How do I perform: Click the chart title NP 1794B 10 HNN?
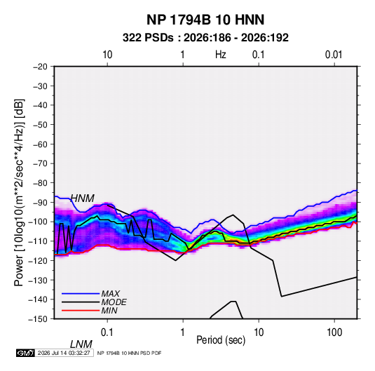pyautogui.click(x=205, y=20)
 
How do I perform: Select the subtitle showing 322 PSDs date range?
pyautogui.click(x=205, y=38)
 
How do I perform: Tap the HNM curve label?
pyautogui.click(x=83, y=198)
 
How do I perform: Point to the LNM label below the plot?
pyautogui.click(x=81, y=344)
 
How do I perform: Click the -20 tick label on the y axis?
pyautogui.click(x=40, y=67)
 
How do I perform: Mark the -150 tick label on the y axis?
pyautogui.click(x=38, y=319)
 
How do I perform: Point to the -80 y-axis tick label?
pyautogui.click(x=40, y=183)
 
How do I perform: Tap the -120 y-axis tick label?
pyautogui.click(x=38, y=260)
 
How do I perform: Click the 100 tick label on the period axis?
pyautogui.click(x=334, y=332)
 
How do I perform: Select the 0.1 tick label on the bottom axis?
pyautogui.click(x=107, y=332)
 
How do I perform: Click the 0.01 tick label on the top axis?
pyautogui.click(x=334, y=55)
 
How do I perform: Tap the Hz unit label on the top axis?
pyautogui.click(x=221, y=55)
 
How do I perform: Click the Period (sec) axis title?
pyautogui.click(x=221, y=340)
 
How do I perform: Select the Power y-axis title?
pyautogui.click(x=19, y=192)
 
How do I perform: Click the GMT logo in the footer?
pyautogui.click(x=25, y=353)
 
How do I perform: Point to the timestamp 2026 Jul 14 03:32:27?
pyautogui.click(x=64, y=353)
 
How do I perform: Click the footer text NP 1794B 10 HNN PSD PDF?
pyautogui.click(x=129, y=353)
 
